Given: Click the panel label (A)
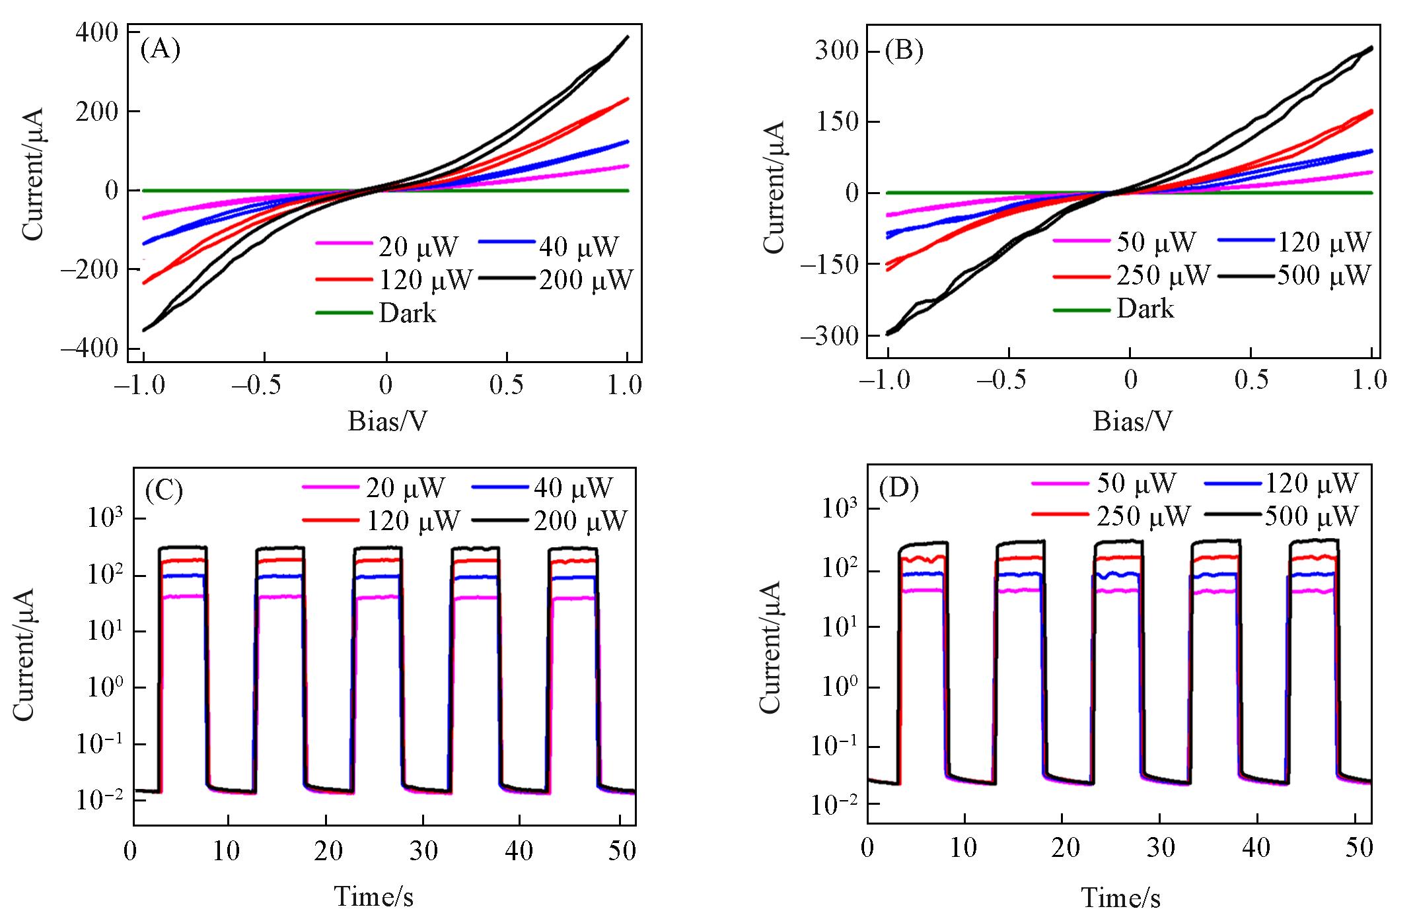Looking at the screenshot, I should (161, 50).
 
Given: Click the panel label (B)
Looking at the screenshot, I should (904, 51).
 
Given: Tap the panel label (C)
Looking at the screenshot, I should (163, 491).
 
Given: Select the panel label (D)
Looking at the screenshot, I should (899, 488).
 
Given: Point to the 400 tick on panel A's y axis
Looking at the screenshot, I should (98, 33).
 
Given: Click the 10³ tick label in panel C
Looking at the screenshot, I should (105, 520).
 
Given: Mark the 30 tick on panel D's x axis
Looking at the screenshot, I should (1160, 848).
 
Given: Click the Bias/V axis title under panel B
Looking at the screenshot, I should (1133, 421).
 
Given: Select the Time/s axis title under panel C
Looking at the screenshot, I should (374, 896).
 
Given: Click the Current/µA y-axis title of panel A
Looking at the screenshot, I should (33, 173).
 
